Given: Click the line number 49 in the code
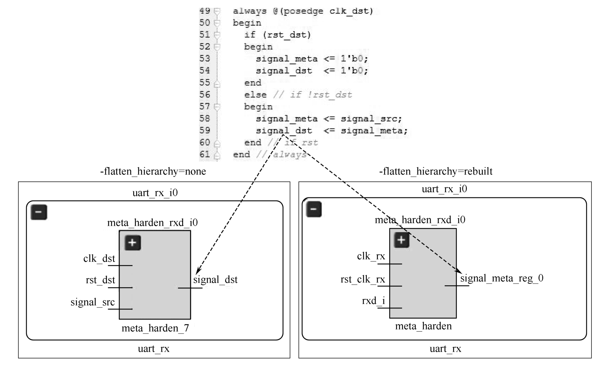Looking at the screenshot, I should click(x=205, y=11).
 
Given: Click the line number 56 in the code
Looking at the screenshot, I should click(x=205, y=95).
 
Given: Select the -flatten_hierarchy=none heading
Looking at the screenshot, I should click(x=153, y=171).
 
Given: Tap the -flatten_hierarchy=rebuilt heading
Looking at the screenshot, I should click(x=436, y=171).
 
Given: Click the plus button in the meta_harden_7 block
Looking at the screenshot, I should click(x=132, y=243).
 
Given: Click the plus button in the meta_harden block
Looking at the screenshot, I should click(x=401, y=240).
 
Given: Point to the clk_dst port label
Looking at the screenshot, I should click(x=99, y=259).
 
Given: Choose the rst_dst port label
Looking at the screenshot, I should click(x=100, y=280).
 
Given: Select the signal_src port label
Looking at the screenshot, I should click(x=93, y=302).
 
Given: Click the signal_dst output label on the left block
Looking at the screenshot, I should click(x=215, y=280).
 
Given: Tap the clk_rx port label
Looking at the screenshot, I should click(x=371, y=256).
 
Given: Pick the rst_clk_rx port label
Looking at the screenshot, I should click(x=363, y=279).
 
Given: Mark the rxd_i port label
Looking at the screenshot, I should click(x=373, y=301).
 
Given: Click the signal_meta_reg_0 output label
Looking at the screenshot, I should click(x=502, y=278).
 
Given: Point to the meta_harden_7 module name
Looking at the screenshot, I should click(x=155, y=328).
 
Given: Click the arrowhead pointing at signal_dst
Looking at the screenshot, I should click(x=197, y=272).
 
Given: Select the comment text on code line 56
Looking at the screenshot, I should click(x=312, y=95).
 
